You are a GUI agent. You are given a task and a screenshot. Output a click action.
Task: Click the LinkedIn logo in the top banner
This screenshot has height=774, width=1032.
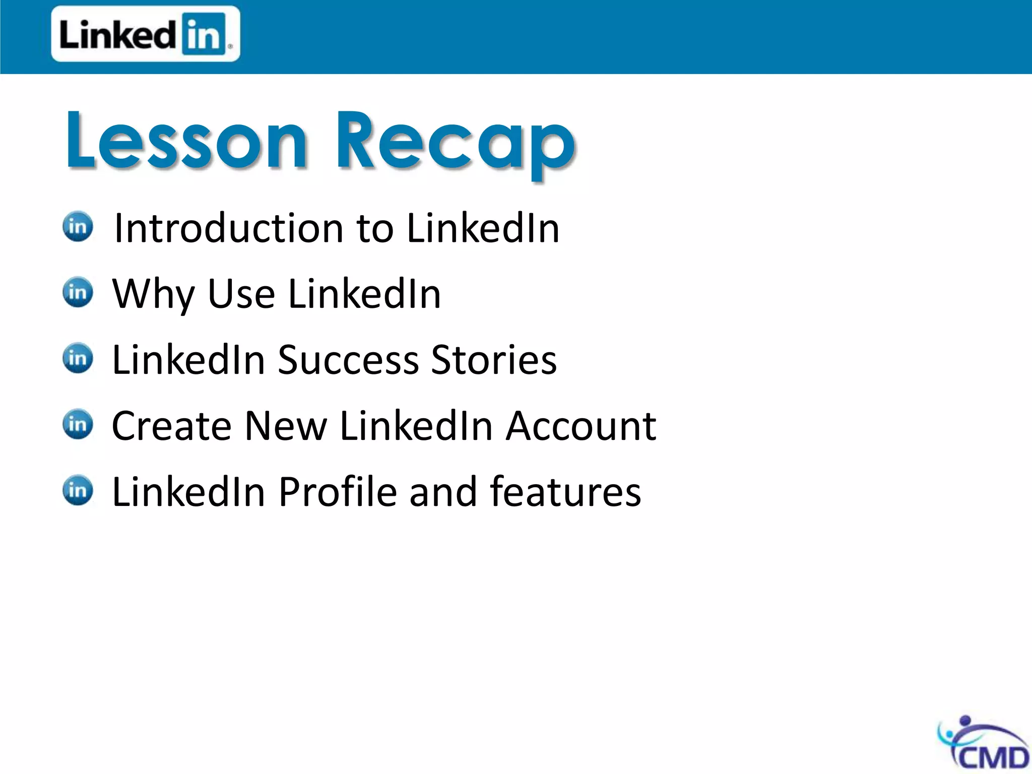tap(145, 34)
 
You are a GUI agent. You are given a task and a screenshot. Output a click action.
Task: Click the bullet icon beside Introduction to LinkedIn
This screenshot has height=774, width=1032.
tap(78, 226)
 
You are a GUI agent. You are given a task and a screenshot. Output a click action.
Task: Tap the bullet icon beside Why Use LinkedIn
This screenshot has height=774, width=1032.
tap(78, 292)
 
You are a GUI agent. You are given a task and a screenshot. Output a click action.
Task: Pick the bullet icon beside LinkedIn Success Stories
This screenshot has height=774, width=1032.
tap(78, 358)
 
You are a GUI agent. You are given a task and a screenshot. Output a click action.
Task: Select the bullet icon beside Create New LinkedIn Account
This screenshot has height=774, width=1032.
tap(78, 424)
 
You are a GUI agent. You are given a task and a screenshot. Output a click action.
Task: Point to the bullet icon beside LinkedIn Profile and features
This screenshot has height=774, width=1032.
tap(78, 490)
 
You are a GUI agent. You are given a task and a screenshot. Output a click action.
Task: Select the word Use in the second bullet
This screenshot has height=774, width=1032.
tap(241, 294)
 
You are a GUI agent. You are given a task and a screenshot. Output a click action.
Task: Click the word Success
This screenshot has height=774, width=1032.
tap(348, 360)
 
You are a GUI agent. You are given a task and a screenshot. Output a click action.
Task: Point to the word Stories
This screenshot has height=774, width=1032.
tap(494, 360)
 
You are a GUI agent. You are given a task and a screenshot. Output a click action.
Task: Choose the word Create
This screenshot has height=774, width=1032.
tap(171, 426)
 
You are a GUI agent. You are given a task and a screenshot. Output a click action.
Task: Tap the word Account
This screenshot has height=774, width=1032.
tap(581, 426)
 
